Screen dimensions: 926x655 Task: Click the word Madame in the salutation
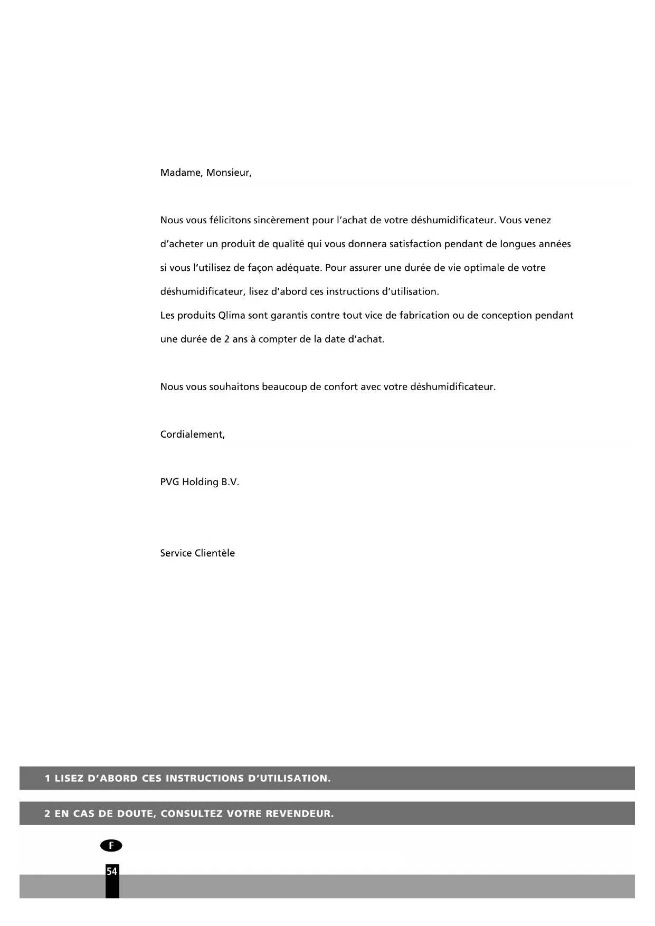pyautogui.click(x=179, y=173)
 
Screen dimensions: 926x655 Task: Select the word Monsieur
pyautogui.click(x=228, y=173)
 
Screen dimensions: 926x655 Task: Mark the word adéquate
pyautogui.click(x=298, y=268)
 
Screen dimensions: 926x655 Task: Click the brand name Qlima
pyautogui.click(x=231, y=316)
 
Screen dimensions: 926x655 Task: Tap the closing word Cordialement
pyautogui.click(x=192, y=434)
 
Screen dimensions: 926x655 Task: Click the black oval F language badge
pyautogui.click(x=111, y=846)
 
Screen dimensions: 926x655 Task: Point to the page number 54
pyautogui.click(x=112, y=872)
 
